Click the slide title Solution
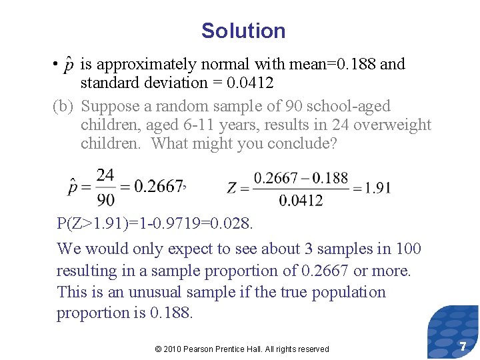[x=243, y=31]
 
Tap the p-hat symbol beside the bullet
[x=68, y=65]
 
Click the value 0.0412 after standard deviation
[x=249, y=83]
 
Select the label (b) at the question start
[x=63, y=106]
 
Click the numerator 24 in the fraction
[x=105, y=175]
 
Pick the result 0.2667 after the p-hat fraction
[x=158, y=186]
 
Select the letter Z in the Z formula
[x=232, y=189]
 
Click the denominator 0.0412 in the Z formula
[x=301, y=200]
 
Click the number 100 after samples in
[x=408, y=249]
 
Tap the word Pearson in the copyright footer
[x=199, y=349]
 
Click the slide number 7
[x=462, y=346]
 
